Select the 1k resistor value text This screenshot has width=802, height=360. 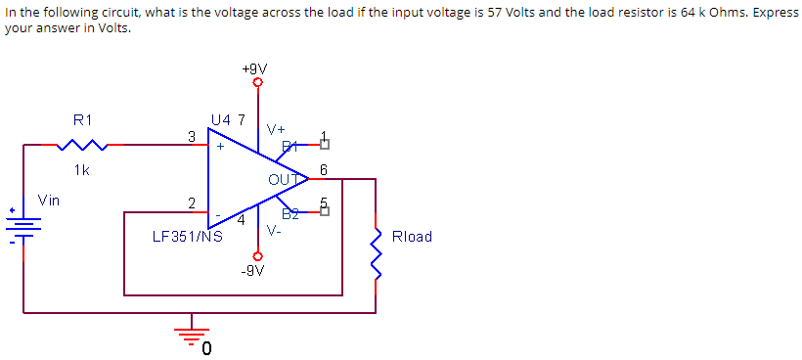82,169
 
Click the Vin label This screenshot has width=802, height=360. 48,200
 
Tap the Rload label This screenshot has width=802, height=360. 411,237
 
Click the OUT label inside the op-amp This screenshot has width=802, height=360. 282,179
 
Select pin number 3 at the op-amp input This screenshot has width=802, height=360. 192,135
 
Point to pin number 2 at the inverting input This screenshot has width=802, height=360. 192,202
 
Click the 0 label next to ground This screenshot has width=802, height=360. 207,348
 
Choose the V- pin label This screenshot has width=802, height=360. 275,231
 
